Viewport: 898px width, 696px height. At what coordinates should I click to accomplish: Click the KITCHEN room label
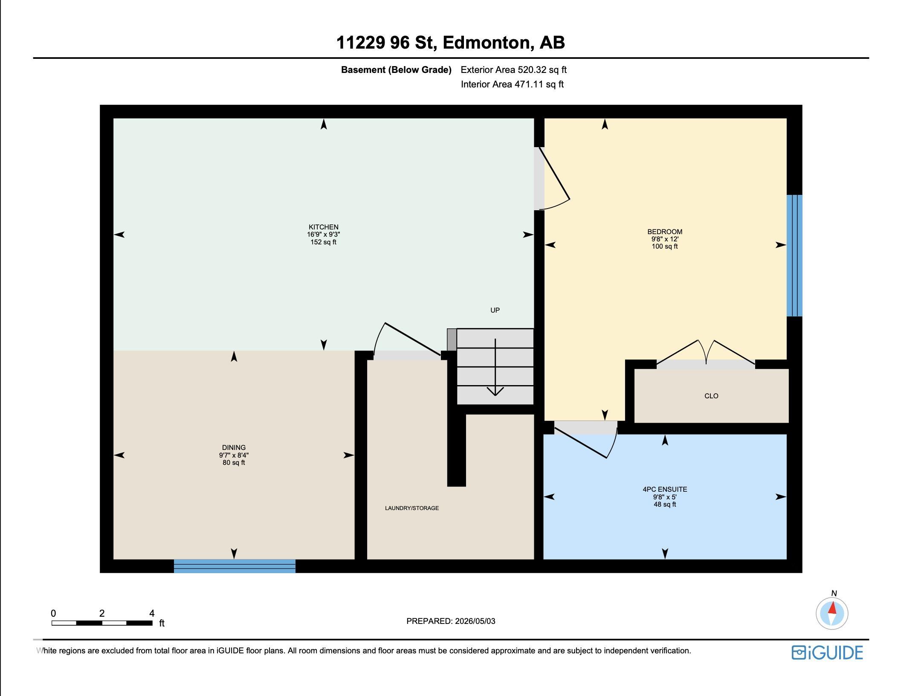click(324, 227)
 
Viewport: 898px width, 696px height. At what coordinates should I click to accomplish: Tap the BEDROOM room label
click(665, 232)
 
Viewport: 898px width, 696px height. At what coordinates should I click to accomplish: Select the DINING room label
click(234, 448)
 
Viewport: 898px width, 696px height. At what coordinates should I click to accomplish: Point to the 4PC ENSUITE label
click(665, 490)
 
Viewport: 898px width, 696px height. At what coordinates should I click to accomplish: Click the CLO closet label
click(711, 396)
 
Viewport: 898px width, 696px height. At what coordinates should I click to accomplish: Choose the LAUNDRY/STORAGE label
click(412, 508)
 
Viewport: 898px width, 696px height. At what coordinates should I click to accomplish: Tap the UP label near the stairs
click(495, 310)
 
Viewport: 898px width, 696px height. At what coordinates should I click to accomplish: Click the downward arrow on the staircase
click(495, 367)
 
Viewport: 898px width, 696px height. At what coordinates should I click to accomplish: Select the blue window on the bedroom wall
click(794, 255)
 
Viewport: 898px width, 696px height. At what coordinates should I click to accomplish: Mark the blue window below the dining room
click(235, 566)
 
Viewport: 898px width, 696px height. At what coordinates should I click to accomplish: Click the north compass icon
click(832, 613)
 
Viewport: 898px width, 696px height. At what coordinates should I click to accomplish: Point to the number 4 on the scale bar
click(152, 613)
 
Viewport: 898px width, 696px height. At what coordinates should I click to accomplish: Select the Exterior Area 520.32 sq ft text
click(514, 70)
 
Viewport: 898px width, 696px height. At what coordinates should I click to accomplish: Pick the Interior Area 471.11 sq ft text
click(512, 84)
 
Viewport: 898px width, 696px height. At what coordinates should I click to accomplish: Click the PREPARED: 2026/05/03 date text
click(451, 621)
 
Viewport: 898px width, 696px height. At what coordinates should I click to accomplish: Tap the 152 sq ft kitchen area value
click(324, 242)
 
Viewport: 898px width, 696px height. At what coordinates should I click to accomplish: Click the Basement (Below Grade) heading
click(396, 70)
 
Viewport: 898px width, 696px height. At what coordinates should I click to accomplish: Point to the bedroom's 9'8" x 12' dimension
click(665, 239)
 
